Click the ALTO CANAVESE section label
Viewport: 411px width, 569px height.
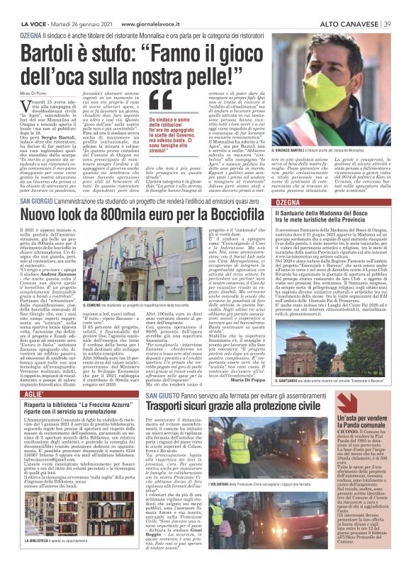click(x=347, y=6)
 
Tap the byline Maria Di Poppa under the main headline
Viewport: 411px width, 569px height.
click(x=33, y=91)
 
